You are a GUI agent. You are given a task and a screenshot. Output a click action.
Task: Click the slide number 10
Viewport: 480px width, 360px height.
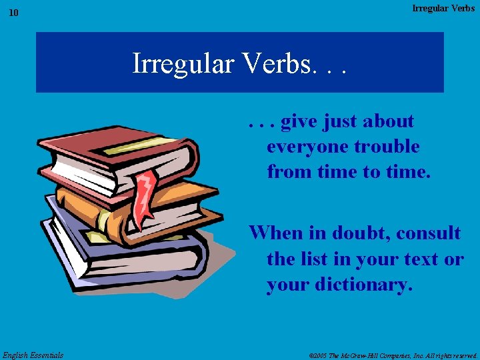click(14, 13)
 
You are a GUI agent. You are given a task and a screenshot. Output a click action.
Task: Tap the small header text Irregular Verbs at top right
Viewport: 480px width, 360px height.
click(443, 8)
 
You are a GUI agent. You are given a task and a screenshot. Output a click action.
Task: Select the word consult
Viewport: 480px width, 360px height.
click(428, 233)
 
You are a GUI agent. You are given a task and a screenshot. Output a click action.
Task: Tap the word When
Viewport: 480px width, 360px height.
click(275, 233)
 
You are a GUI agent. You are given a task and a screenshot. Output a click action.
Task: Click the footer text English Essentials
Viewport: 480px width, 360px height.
click(33, 355)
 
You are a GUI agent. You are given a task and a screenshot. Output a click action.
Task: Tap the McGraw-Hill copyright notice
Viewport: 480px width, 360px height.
click(393, 355)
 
